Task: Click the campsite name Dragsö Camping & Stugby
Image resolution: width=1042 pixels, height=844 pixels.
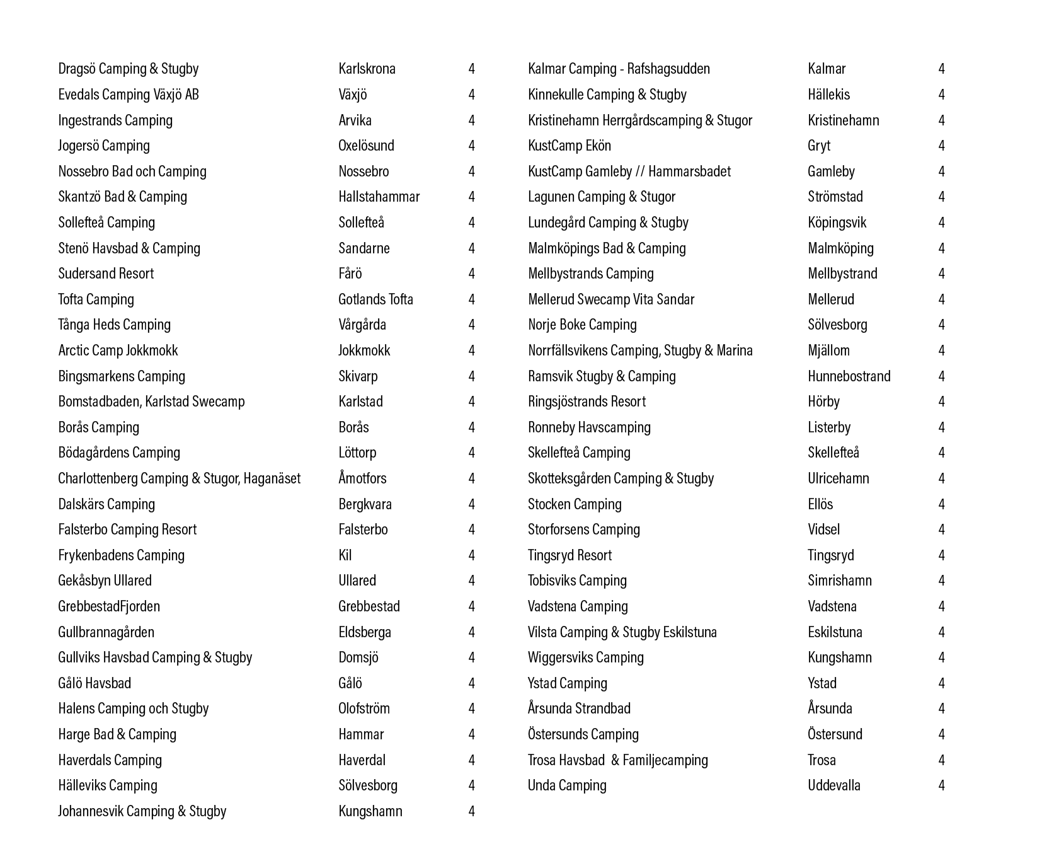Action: tap(128, 69)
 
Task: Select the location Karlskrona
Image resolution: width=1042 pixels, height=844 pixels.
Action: tap(367, 69)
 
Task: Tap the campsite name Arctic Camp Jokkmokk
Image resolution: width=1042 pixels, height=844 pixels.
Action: tap(118, 350)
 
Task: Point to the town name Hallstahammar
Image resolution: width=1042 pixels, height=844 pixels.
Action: tap(379, 197)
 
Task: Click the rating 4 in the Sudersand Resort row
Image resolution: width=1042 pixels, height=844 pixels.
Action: tap(471, 274)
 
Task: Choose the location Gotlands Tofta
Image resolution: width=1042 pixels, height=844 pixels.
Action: tap(375, 299)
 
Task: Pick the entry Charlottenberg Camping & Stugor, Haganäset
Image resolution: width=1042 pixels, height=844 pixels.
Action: tap(179, 478)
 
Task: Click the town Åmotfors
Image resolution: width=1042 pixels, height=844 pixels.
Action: tap(362, 478)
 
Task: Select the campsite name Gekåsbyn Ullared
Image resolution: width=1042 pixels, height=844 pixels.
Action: tap(105, 581)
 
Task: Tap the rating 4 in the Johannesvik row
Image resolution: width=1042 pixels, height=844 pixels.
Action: tap(471, 811)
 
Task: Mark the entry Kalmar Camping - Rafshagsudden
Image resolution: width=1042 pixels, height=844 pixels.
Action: tap(619, 69)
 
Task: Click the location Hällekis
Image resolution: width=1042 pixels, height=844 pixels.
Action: tap(828, 95)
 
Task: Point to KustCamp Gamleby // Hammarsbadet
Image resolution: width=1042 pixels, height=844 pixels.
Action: tap(629, 171)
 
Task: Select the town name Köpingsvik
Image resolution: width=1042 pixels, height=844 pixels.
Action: tap(837, 223)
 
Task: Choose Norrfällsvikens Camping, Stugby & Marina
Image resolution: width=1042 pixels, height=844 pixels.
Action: tap(640, 350)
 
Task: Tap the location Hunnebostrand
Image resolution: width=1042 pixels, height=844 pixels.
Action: tap(849, 376)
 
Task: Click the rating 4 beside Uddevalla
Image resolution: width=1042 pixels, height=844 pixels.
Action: tap(941, 785)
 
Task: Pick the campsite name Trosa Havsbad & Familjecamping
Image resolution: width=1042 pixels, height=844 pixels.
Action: tap(617, 760)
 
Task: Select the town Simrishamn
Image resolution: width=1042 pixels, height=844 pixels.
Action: tap(839, 581)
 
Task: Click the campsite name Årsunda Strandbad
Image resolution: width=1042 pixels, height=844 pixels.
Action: tap(579, 708)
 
